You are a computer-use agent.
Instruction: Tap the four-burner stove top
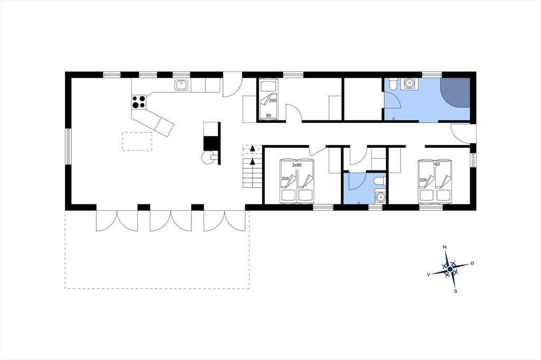139,102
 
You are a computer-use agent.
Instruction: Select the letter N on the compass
445,247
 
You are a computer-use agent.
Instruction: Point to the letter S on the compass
455,291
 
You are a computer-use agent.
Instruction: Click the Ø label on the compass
472,263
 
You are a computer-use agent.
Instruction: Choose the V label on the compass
428,274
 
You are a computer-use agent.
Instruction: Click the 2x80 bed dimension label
297,165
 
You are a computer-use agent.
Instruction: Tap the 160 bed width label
436,165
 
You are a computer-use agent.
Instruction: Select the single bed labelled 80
268,99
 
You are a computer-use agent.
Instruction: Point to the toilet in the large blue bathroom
393,84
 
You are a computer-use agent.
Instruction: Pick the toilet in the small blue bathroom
379,181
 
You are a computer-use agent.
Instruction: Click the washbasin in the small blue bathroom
380,197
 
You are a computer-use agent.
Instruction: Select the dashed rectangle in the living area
137,141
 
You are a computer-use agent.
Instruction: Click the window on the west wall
68,147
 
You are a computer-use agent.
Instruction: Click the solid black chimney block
211,143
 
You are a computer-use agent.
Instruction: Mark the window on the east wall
473,160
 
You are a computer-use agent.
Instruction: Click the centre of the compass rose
450,269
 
